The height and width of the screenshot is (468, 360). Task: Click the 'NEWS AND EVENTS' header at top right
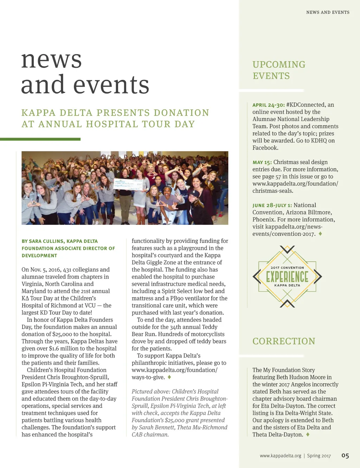[x=328, y=12]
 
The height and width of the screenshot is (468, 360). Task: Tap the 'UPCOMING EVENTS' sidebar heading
[x=279, y=70]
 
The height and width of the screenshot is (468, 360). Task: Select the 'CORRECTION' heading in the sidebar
[x=284, y=341]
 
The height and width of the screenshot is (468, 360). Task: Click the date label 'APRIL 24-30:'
[x=269, y=105]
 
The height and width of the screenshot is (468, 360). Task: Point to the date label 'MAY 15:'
[x=262, y=162]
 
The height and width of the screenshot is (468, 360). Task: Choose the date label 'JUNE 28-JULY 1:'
[x=272, y=205]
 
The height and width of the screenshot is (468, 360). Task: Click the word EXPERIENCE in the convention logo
[x=287, y=277]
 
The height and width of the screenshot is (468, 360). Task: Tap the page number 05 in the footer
[x=345, y=456]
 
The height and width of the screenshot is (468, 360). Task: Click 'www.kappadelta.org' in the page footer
[x=281, y=456]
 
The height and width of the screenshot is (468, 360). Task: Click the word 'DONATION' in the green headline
[x=181, y=113]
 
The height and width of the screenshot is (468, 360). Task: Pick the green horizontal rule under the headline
[x=40, y=139]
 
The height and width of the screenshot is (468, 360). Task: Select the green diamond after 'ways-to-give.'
[x=169, y=377]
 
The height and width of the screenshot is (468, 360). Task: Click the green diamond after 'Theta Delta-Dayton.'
[x=308, y=435]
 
